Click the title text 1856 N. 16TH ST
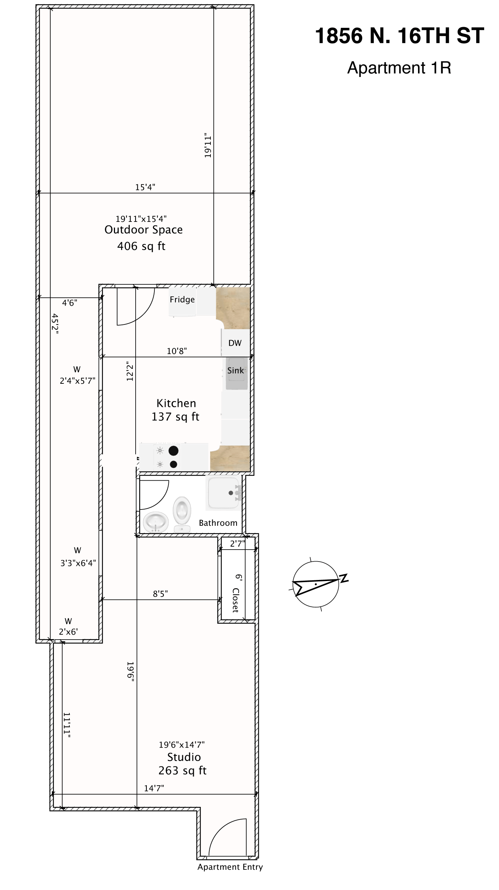coord(399,36)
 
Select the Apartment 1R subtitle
coord(399,68)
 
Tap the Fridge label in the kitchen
coord(182,300)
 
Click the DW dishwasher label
coord(235,343)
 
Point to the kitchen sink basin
coord(236,373)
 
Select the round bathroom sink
coord(156,522)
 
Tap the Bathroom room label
coord(218,523)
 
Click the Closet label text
coord(236,600)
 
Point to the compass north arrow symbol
coord(315,584)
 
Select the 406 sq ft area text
coord(141,246)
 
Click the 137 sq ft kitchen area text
coord(175,417)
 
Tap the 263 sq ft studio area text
coord(183,770)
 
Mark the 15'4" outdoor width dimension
coord(145,187)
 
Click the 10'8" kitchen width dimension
coord(177,351)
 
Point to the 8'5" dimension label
coord(161,594)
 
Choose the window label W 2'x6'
coord(68,626)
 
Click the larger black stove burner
coord(174,451)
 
